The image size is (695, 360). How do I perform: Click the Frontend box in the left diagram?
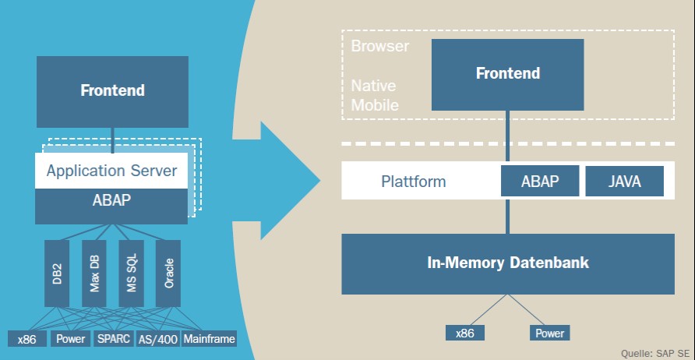[x=112, y=91]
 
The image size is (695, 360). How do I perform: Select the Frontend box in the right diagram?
[x=507, y=74]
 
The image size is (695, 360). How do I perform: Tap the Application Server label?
[x=111, y=171]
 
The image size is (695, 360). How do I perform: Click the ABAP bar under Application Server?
[x=111, y=200]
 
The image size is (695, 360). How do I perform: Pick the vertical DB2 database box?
[x=57, y=273]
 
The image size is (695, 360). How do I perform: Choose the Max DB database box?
[x=93, y=273]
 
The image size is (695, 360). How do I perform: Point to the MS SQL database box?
[x=131, y=273]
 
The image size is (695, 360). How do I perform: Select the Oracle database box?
[x=168, y=273]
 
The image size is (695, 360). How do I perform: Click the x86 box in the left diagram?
[x=28, y=340]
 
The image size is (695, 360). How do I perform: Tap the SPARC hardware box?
[x=115, y=340]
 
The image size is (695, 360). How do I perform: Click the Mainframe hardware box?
[x=209, y=340]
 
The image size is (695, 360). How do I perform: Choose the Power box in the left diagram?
[x=71, y=340]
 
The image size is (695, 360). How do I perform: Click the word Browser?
[x=379, y=47]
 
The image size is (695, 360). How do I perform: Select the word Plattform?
[x=413, y=182]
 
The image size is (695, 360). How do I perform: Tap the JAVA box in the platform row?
[x=624, y=182]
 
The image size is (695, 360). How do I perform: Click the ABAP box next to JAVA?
[x=540, y=182]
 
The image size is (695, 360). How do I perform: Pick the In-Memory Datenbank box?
[x=508, y=263]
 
